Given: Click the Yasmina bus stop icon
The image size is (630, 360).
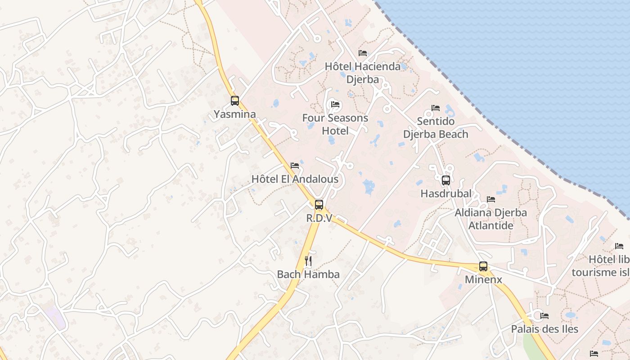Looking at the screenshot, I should pos(234,101).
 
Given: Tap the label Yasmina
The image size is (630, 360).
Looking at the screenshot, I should pos(234,114).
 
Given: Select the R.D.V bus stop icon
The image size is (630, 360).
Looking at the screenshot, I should pos(319,205).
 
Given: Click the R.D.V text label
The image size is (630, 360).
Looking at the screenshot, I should pos(319,218).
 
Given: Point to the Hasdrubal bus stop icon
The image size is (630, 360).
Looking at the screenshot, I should pos(446,180).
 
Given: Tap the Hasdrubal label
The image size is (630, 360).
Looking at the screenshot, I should pos(446,194).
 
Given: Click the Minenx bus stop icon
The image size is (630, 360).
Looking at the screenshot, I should pos(483,266).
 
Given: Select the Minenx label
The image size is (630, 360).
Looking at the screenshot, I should pos(483,280).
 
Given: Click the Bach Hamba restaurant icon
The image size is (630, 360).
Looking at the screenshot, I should pos(308,261).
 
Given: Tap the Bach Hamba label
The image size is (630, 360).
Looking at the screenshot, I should pos(308,274).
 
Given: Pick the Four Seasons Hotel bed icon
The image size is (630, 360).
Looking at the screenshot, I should pos(335,105).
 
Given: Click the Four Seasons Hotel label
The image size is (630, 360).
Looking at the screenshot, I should pos(335,125).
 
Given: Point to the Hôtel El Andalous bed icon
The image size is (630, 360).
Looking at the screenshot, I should pos(295,166).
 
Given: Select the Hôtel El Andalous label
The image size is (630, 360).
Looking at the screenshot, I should pos(295,179).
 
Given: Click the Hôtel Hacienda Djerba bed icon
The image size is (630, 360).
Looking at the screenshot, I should pos(363,53).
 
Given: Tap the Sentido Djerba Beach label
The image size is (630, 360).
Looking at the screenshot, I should pos(436,128).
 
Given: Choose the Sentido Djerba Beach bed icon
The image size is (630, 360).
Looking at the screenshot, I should pos(436,108).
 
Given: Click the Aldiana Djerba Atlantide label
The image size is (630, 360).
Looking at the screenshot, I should pos(490,219).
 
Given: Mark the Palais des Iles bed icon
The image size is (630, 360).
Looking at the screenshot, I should pos(544,316).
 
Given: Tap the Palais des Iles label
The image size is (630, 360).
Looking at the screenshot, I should pos(544,329).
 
